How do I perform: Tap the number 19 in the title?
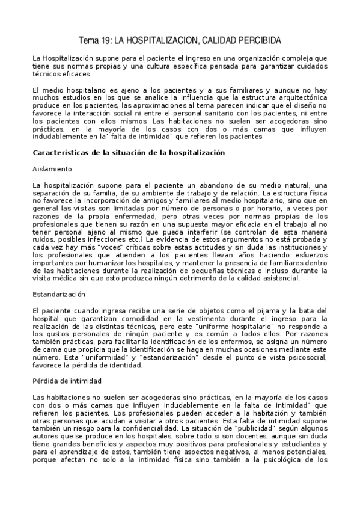pos(105,40)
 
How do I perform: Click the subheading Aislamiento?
pos(53,170)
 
